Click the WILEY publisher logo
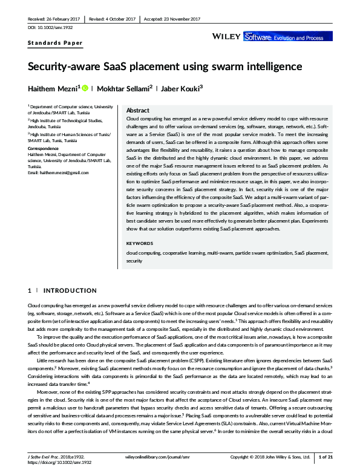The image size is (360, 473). point(227,37)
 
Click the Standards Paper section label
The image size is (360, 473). point(55,44)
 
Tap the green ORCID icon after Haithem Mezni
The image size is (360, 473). point(85,88)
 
